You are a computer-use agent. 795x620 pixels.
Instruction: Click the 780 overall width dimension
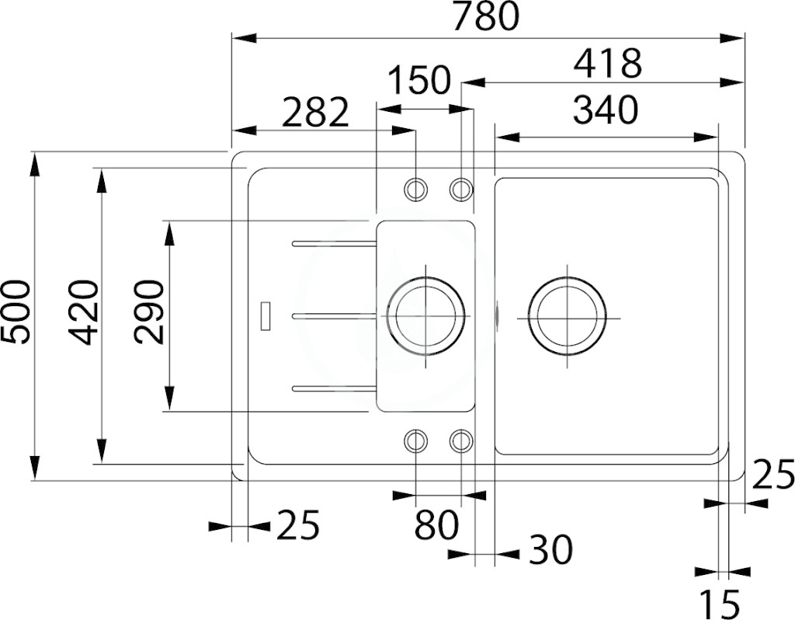tap(486, 16)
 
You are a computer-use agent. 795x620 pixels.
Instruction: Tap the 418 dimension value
tap(607, 63)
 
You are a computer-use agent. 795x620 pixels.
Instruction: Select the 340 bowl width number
tap(606, 110)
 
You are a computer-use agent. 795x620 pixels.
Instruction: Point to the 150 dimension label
tap(418, 80)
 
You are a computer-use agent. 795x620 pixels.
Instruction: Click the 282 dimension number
tap(316, 113)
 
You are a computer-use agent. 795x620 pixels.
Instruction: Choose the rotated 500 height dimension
tap(16, 312)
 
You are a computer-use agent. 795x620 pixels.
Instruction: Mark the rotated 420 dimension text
tap(82, 313)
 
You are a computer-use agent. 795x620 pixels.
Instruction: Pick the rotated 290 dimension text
tap(149, 312)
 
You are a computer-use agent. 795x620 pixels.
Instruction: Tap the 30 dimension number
tap(550, 549)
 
